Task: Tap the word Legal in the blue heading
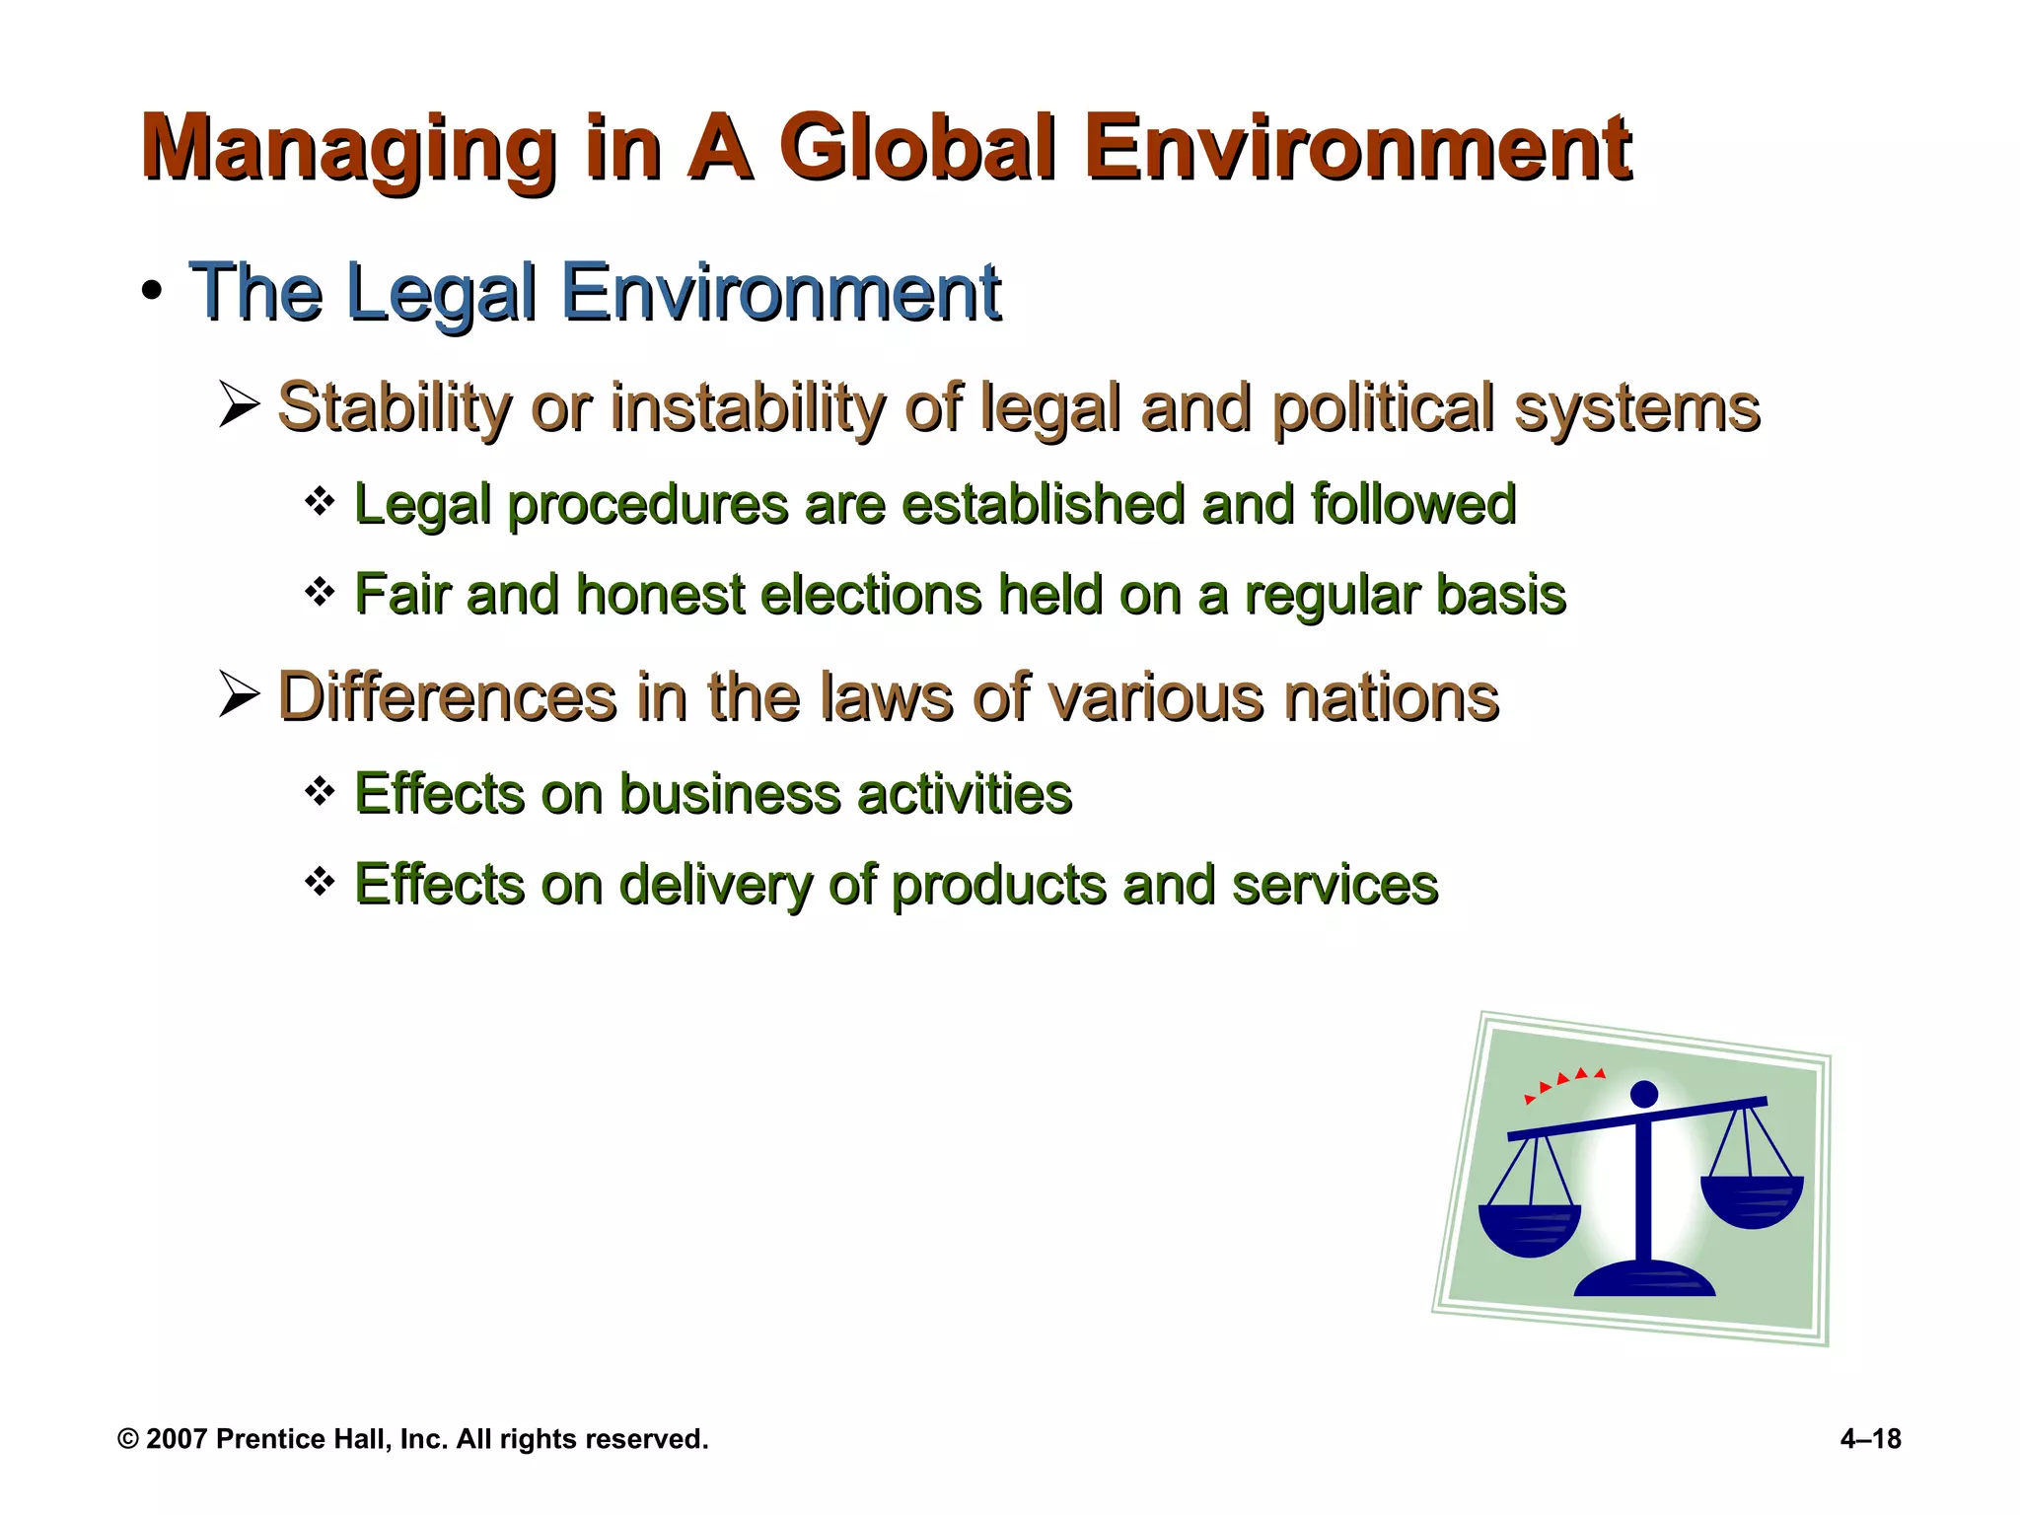442,293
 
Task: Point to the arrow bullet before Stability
239,405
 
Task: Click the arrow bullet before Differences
239,695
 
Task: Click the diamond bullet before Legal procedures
320,502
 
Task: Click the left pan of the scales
1529,1229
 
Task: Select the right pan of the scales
1752,1200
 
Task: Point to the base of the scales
1644,1279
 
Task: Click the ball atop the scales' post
1644,1094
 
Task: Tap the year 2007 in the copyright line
176,1439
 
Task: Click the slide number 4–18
1870,1439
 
